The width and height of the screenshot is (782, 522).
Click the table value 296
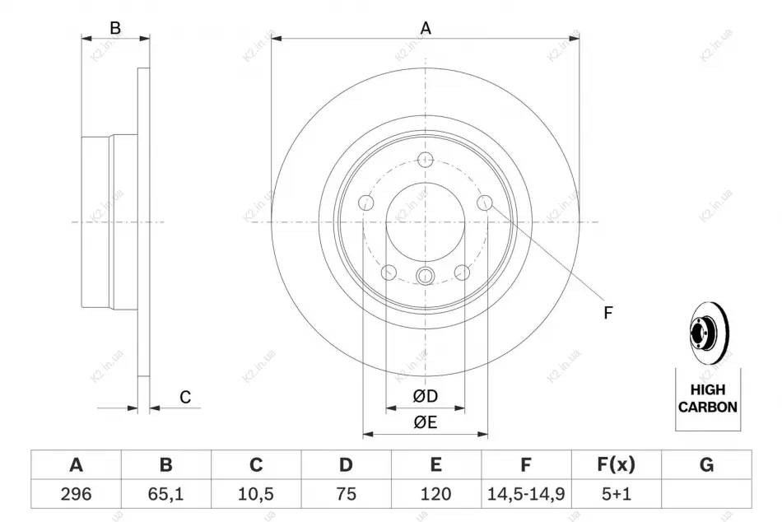[77, 494]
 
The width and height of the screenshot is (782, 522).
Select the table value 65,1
[166, 494]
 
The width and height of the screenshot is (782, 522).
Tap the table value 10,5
[256, 494]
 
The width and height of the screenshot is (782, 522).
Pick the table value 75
[346, 494]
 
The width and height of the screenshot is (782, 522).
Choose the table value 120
[436, 494]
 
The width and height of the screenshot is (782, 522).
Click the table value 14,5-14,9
[526, 494]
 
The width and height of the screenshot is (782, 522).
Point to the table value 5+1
[617, 494]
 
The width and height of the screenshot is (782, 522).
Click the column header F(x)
[617, 464]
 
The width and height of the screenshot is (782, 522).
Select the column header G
[707, 464]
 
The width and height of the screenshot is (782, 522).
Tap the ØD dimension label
[426, 396]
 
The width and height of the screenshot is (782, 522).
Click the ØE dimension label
[426, 422]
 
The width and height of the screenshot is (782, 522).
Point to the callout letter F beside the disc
[608, 313]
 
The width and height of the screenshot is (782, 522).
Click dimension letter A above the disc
[426, 28]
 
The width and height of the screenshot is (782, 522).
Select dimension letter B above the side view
[115, 28]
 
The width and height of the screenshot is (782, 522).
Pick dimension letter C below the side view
[185, 397]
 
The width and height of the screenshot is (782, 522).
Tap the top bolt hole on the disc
[425, 160]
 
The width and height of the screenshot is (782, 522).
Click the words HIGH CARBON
[708, 398]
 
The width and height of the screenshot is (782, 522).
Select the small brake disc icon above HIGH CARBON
[709, 331]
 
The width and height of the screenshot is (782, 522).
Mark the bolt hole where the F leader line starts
[485, 203]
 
